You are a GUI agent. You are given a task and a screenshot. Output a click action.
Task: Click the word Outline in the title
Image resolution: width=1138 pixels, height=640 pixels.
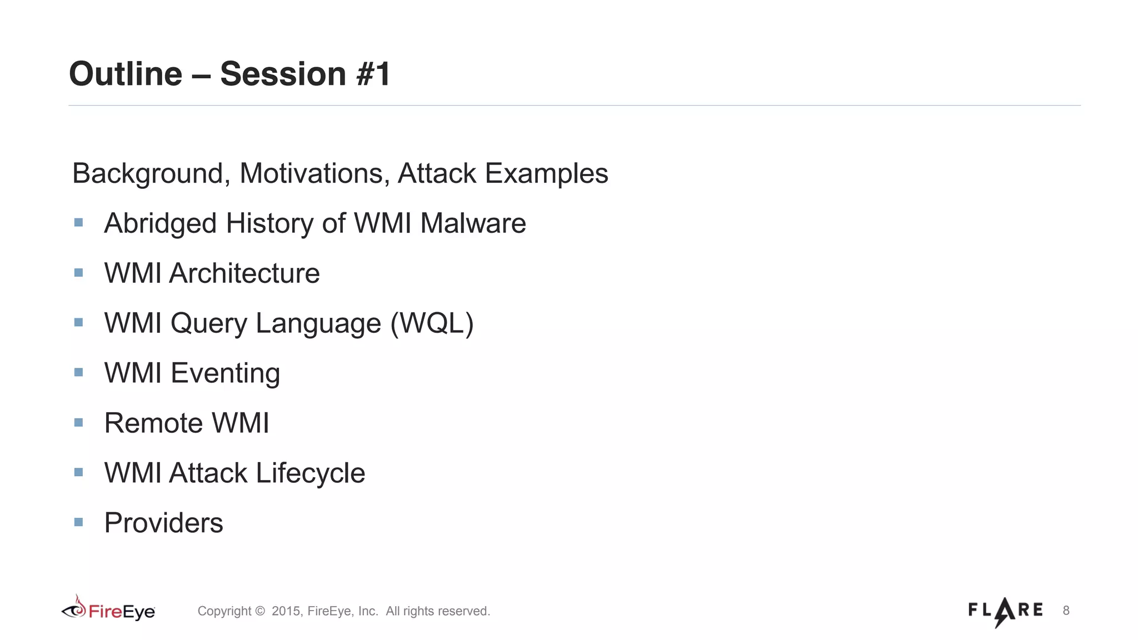pyautogui.click(x=126, y=74)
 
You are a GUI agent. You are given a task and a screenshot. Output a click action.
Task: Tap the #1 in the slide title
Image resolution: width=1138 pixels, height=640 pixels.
pyautogui.click(x=373, y=74)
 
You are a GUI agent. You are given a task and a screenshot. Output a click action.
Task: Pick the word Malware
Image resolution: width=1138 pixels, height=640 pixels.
pyautogui.click(x=473, y=223)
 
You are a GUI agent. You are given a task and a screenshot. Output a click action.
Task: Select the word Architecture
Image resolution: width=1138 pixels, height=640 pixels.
pyautogui.click(x=244, y=273)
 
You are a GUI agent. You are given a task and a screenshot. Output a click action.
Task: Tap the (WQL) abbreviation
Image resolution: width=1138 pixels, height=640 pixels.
pyautogui.click(x=432, y=323)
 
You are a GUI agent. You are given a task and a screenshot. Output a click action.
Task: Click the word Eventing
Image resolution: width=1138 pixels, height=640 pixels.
pyautogui.click(x=225, y=373)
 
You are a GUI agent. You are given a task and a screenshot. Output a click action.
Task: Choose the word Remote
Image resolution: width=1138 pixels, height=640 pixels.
pyautogui.click(x=153, y=423)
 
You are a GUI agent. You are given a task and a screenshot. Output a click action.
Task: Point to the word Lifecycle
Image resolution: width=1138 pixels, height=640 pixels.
pyautogui.click(x=310, y=473)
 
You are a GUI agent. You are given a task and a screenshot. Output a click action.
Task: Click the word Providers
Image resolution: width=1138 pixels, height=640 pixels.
pyautogui.click(x=164, y=523)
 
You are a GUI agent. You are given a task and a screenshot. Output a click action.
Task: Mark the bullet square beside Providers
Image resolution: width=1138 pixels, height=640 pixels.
pyautogui.click(x=78, y=522)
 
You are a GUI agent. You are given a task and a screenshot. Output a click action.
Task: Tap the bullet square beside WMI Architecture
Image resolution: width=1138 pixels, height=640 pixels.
pyautogui.click(x=78, y=273)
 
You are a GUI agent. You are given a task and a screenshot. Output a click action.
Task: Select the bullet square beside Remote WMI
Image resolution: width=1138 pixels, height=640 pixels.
pyautogui.click(x=78, y=423)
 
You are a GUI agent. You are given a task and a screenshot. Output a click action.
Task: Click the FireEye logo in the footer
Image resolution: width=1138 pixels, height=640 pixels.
pyautogui.click(x=108, y=610)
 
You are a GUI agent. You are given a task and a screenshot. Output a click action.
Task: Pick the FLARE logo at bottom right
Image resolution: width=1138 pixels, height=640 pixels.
pyautogui.click(x=1005, y=611)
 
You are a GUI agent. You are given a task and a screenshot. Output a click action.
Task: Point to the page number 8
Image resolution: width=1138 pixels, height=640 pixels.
pyautogui.click(x=1066, y=611)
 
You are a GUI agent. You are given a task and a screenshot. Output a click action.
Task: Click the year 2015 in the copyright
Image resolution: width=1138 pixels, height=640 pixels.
pyautogui.click(x=286, y=611)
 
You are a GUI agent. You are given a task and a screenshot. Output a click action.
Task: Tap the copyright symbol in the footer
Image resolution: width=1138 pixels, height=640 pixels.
pyautogui.click(x=259, y=611)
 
